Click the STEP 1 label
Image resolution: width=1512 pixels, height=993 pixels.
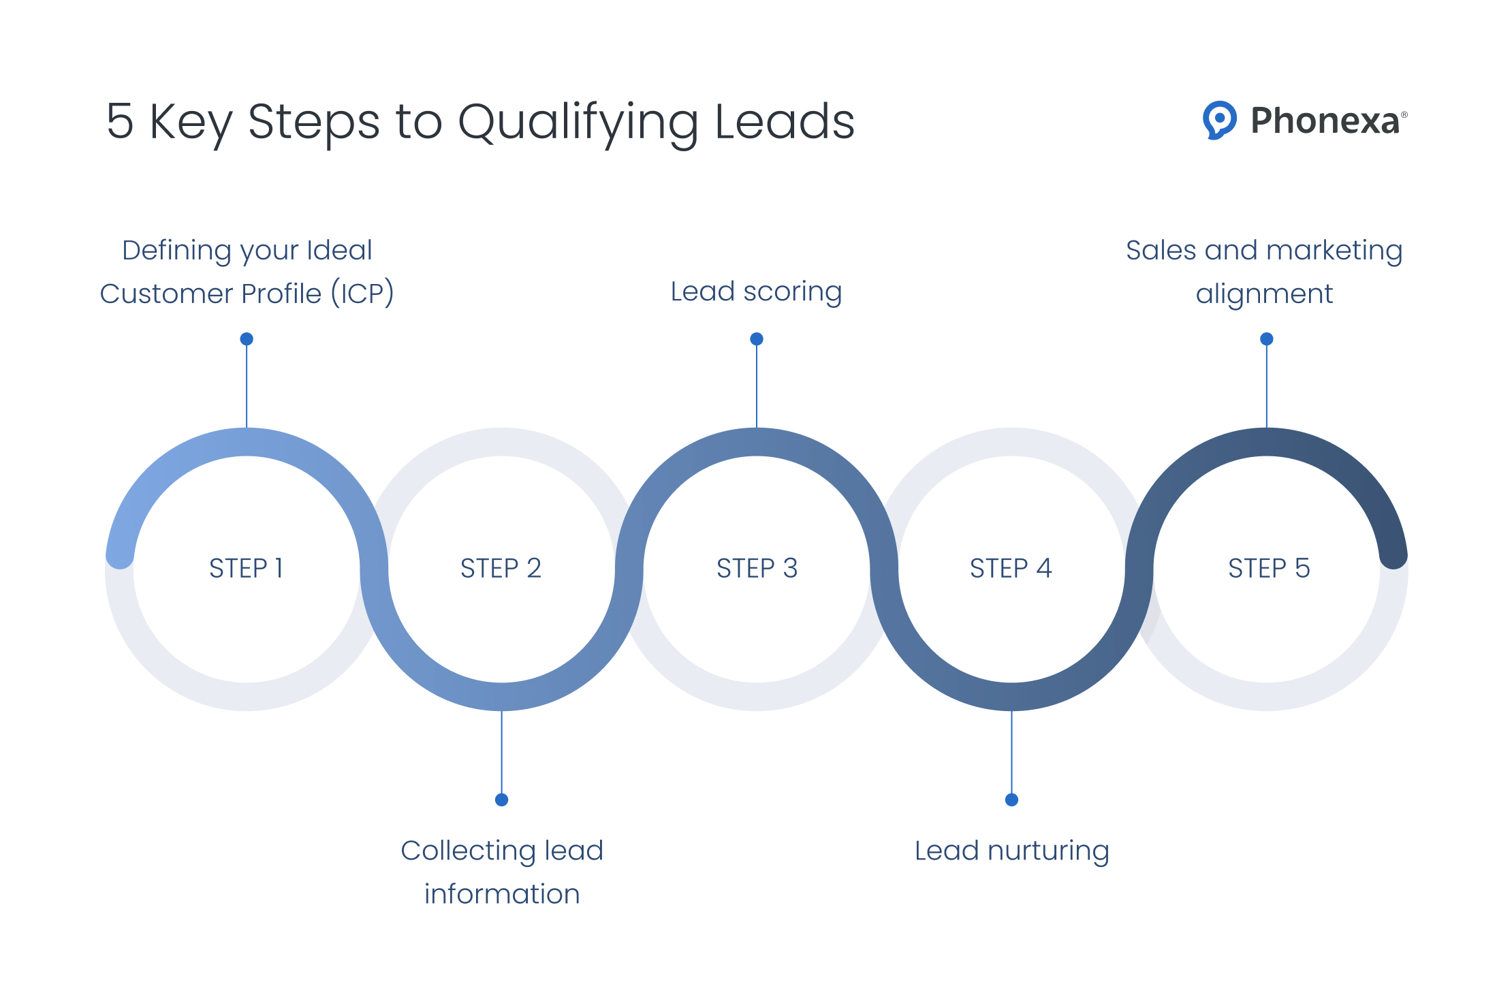pos(246,568)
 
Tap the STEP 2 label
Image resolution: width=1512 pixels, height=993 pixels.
pos(501,568)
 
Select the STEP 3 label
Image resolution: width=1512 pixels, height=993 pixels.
pos(757,568)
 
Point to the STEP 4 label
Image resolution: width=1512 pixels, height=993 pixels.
pos(1011,568)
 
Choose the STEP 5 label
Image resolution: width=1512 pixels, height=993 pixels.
pos(1268,568)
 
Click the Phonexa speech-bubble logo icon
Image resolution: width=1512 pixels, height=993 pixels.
pos(1219,120)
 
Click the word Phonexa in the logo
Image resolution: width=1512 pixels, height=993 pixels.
pos(1325,121)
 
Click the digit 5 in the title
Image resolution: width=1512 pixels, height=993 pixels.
pos(120,122)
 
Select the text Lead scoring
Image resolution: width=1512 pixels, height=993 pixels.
pos(756,291)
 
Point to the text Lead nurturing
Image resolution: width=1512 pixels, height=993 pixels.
pos(1011,851)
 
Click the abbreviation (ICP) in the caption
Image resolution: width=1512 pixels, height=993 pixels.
pos(362,294)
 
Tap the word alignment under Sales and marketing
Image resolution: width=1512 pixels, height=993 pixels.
pos(1264,294)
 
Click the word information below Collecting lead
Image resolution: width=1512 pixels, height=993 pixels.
pos(502,894)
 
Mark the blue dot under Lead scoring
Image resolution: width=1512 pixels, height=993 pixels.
pos(757,338)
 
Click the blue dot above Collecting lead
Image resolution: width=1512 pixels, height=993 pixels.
pos(502,800)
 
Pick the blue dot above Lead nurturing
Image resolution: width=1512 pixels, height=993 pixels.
pos(1011,800)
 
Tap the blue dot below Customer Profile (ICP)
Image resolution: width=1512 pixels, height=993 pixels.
pos(247,338)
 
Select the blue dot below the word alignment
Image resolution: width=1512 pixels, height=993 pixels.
pos(1267,338)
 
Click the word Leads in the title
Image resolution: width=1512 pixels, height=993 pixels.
pos(785,122)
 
